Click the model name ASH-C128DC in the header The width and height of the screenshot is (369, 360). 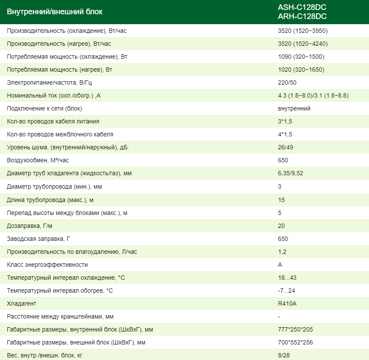(x=302, y=7)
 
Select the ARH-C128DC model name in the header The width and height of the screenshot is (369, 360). (x=302, y=16)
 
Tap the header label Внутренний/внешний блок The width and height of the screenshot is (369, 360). (x=55, y=12)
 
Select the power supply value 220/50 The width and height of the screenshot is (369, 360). (x=287, y=83)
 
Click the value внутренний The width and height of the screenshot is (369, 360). (x=294, y=109)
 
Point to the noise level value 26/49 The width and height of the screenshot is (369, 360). (x=286, y=148)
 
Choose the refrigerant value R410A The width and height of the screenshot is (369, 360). (x=288, y=303)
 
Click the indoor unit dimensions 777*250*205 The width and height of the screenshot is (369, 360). (x=296, y=329)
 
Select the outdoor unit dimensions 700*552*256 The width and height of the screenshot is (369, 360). (x=296, y=342)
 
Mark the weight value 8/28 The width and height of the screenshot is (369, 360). (x=284, y=355)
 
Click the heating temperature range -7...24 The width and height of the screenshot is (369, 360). (x=287, y=291)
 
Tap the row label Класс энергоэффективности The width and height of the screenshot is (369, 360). (x=47, y=265)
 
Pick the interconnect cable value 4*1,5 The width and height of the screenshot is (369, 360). (x=285, y=135)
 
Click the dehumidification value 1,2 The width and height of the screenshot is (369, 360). (x=282, y=252)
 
